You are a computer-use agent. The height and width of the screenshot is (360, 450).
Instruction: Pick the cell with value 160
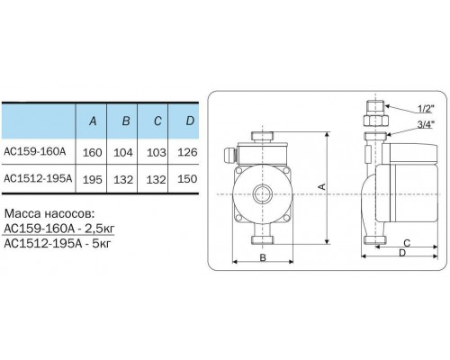pyautogui.click(x=92, y=152)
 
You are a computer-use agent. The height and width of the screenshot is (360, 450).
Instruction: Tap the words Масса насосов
pyautogui.click(x=48, y=217)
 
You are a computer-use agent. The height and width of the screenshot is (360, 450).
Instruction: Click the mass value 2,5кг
pyautogui.click(x=92, y=229)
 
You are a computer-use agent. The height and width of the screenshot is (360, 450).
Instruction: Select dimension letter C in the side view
pyautogui.click(x=408, y=243)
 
